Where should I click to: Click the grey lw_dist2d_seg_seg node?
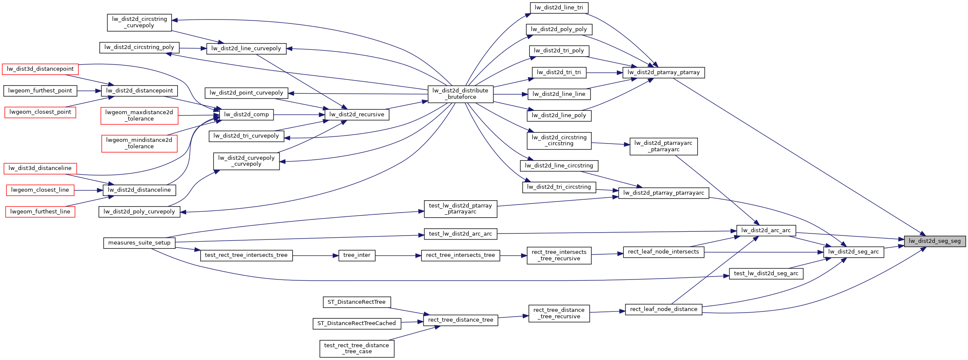coord(934,241)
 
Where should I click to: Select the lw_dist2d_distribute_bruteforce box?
coord(460,94)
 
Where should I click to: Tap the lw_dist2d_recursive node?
coord(357,115)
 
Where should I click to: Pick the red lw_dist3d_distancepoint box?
coord(40,69)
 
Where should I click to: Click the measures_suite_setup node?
coord(139,243)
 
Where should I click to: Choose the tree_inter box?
coord(357,255)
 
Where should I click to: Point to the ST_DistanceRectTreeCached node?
coord(357,323)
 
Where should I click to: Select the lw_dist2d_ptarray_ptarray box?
coord(663,72)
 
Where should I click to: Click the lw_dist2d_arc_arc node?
coord(766,230)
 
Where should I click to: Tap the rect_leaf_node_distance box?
coord(663,309)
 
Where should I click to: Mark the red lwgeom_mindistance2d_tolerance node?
coord(139,143)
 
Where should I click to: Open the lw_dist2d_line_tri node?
coord(559,8)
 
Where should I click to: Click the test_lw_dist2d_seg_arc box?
coord(766,274)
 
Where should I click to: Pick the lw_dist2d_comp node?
coord(246,115)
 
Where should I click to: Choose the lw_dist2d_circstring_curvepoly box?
coord(139,22)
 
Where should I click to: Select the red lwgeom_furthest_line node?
coord(40,212)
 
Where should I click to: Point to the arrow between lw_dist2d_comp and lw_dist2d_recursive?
coord(299,115)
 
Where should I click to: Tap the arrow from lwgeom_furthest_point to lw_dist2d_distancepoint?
coord(89,91)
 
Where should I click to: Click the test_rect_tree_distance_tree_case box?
coord(357,348)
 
